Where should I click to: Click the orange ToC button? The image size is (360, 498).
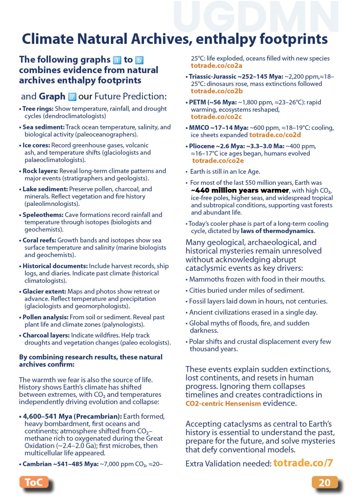[34, 482]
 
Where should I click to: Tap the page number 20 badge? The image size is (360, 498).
[324, 482]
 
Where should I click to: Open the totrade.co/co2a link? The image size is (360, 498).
[216, 66]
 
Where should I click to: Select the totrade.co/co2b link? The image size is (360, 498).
[217, 91]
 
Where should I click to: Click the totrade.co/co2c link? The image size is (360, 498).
[216, 117]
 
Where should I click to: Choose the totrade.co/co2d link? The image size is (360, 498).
[275, 135]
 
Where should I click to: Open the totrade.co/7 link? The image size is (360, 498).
[303, 463]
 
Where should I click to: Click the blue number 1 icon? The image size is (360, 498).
[117, 60]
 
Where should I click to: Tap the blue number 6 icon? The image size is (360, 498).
[139, 60]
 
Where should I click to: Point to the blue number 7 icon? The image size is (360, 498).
[72, 97]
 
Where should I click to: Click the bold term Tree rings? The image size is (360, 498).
[38, 109]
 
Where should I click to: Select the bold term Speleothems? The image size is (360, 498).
[43, 215]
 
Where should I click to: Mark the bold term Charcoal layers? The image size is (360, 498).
[46, 335]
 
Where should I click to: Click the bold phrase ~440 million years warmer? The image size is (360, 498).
[240, 190]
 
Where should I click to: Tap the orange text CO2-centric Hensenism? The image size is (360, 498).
[223, 404]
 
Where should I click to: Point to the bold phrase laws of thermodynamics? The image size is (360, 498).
[277, 231]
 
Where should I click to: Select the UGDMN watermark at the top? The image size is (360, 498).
[256, 17]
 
